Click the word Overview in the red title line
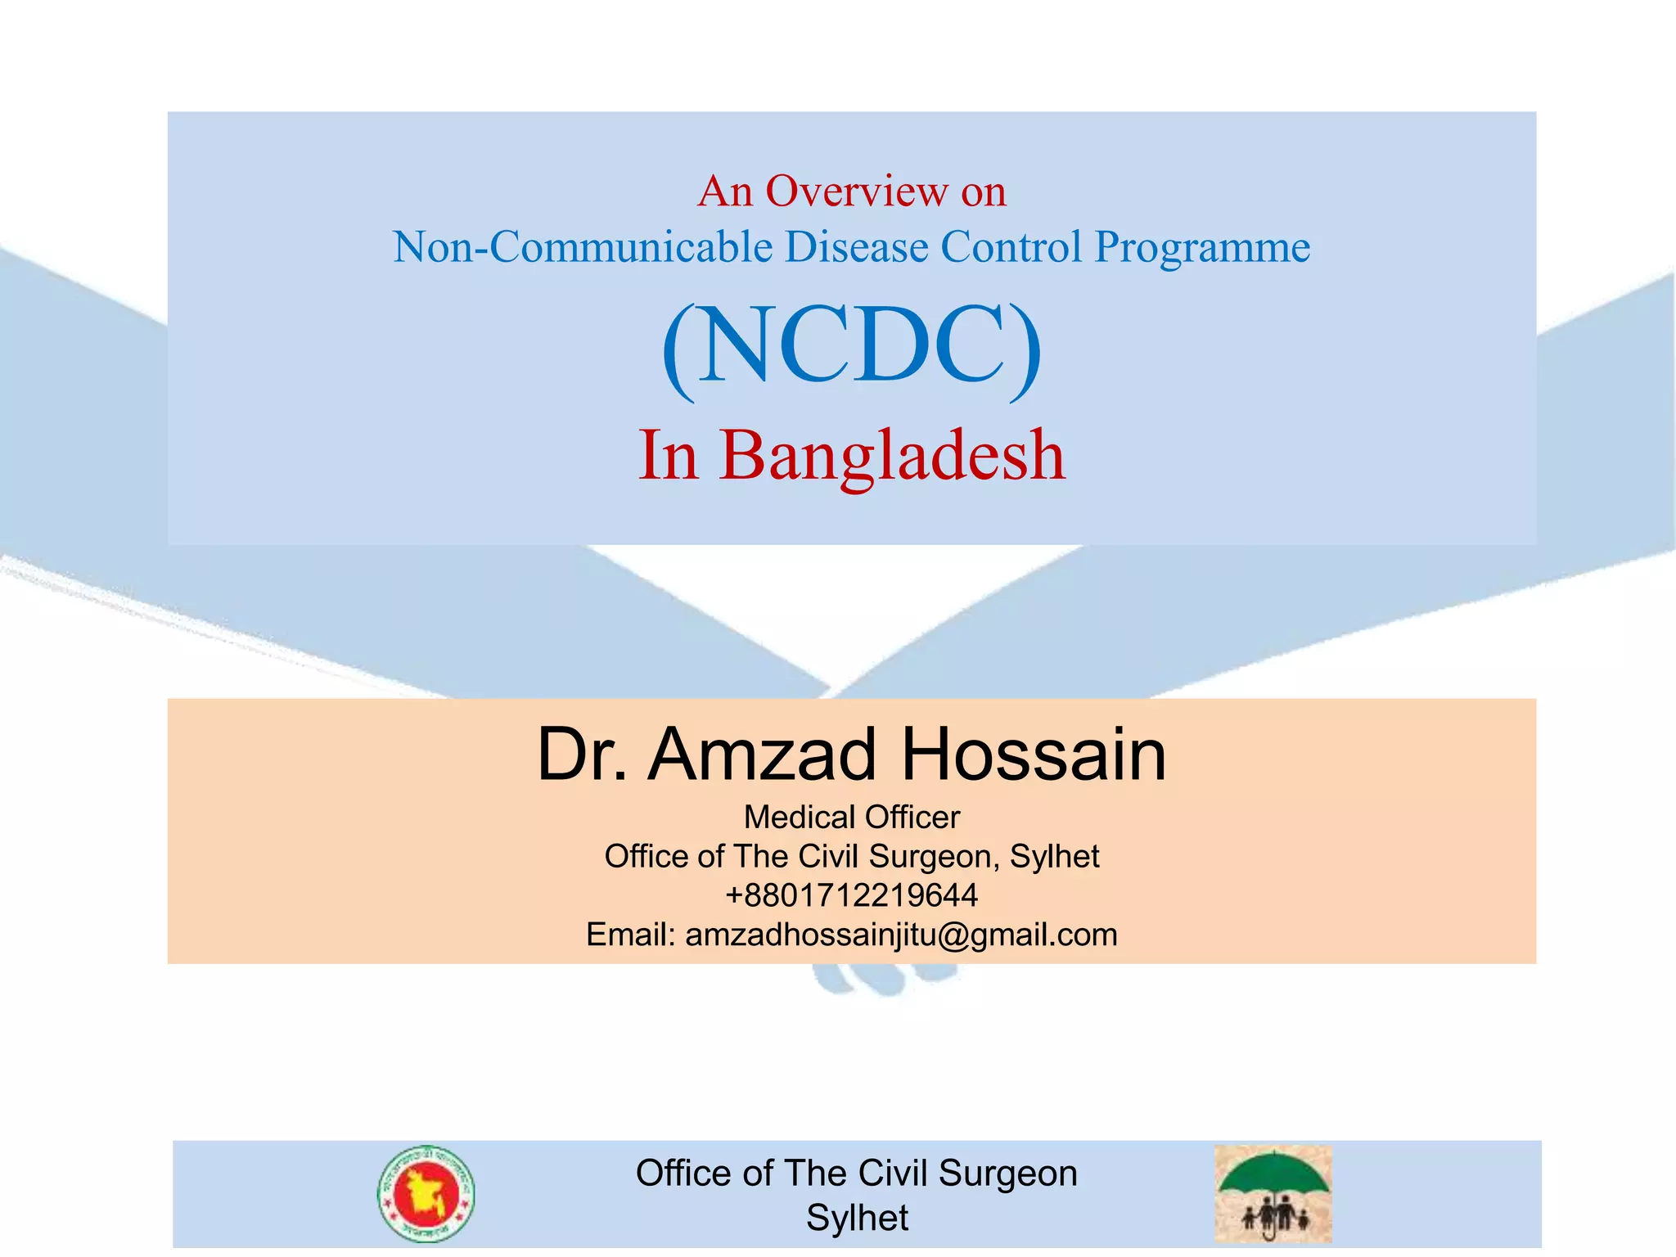coord(856,191)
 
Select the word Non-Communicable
coord(582,247)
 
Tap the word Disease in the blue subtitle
coord(856,247)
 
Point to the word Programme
coord(1202,247)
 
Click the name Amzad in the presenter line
coord(762,755)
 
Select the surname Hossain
coord(1033,755)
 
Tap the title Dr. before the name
coord(582,755)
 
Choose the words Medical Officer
coord(851,817)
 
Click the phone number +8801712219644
coord(851,895)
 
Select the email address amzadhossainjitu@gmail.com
coord(901,935)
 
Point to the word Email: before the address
coord(630,935)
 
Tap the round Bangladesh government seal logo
coord(426,1194)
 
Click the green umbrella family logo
coord(1273,1194)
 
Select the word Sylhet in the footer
coord(857,1218)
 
